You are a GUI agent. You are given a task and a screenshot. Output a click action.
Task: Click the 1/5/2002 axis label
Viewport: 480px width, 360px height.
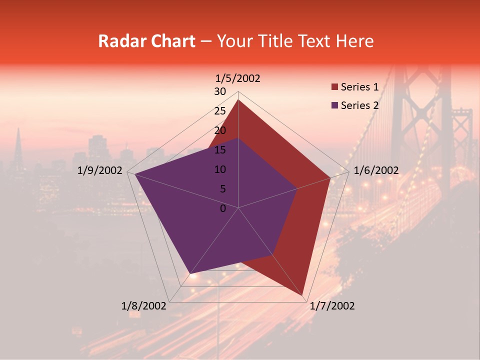[237, 78]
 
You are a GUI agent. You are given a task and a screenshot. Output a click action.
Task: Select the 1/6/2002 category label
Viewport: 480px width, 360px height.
[376, 170]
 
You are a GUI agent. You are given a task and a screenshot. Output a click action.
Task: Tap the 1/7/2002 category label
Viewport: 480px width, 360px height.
[332, 306]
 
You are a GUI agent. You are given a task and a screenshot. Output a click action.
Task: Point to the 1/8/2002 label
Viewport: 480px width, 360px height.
[143, 306]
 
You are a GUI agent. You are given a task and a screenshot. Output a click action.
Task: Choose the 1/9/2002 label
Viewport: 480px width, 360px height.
[99, 170]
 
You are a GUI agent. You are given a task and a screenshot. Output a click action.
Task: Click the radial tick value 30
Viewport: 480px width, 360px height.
[220, 91]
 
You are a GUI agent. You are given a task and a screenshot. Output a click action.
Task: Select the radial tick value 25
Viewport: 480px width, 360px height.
[220, 111]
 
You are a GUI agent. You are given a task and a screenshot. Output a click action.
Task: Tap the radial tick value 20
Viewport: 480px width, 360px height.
[220, 130]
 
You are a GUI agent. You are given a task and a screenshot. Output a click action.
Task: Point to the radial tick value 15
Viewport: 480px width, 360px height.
[220, 150]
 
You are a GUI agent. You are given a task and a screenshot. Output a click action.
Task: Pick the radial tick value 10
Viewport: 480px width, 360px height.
[220, 169]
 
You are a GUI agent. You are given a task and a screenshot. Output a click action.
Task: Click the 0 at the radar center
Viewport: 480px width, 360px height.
[223, 208]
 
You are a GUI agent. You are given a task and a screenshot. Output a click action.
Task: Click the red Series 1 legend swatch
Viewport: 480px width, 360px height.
[334, 87]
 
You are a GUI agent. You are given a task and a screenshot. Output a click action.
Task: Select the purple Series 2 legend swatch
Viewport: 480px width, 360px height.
[334, 105]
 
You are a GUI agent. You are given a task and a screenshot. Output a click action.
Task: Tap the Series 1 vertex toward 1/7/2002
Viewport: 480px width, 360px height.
[302, 295]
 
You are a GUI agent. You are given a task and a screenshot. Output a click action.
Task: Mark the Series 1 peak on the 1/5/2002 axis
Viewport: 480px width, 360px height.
[238, 100]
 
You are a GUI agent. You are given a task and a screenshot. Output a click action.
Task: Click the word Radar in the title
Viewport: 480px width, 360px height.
[120, 41]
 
